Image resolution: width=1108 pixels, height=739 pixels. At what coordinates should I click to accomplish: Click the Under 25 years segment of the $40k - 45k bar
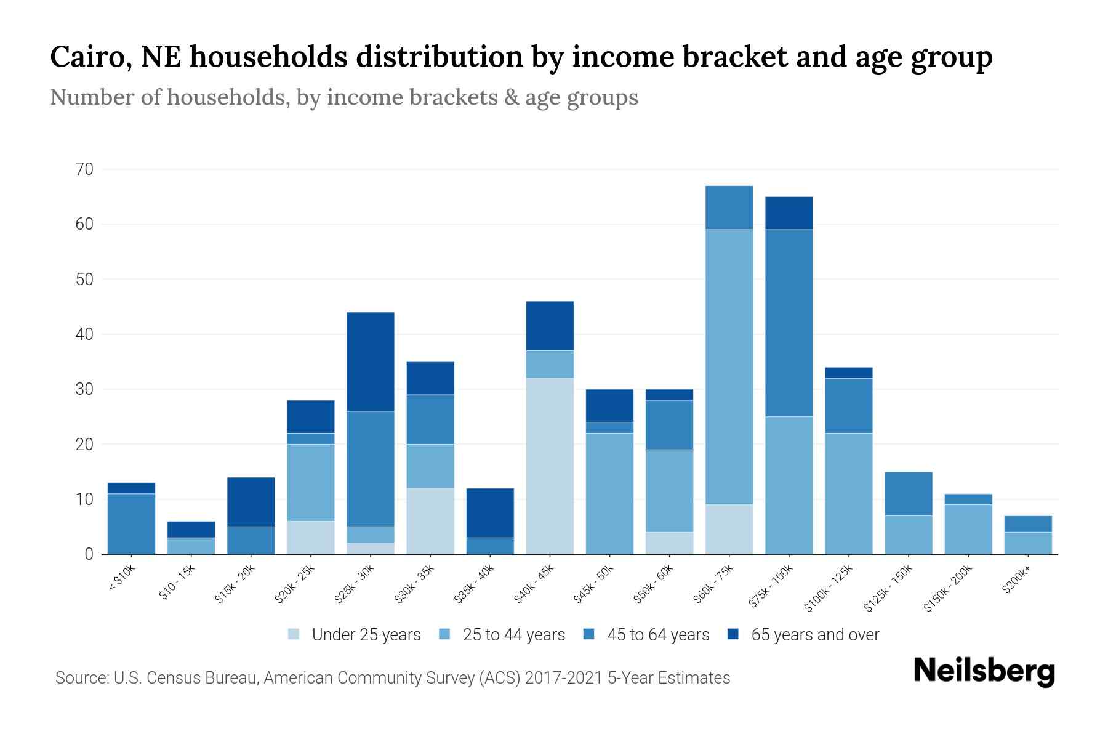[x=550, y=466]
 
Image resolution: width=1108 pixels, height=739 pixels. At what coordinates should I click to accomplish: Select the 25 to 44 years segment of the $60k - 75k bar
[x=729, y=367]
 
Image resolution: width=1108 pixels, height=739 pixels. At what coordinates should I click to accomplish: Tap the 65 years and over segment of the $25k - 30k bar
[x=371, y=361]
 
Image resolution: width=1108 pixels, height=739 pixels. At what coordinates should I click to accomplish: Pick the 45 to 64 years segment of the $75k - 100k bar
[x=789, y=323]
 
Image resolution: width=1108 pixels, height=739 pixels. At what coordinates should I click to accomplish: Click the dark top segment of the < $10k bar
[x=131, y=488]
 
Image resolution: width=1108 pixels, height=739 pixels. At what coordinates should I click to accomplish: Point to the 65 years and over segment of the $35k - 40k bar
[x=490, y=513]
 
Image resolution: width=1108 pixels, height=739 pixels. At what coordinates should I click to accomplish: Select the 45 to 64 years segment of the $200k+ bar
[x=1027, y=523]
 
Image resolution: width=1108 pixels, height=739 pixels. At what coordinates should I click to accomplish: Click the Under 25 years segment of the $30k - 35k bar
[x=430, y=521]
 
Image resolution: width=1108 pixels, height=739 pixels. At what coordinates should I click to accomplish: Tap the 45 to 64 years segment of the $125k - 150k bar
[x=908, y=494]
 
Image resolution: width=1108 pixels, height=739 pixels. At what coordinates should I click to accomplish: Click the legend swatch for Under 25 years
[x=294, y=634]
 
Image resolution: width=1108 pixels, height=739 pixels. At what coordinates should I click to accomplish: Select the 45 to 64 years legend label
[x=657, y=634]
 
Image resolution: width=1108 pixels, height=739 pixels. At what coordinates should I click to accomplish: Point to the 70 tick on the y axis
[x=85, y=169]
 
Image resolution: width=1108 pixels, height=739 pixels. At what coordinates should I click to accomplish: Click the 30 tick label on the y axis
[x=85, y=389]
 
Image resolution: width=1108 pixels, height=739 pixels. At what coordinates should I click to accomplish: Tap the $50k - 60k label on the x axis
[x=654, y=584]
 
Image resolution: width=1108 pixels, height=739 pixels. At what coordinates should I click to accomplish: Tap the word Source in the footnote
[x=81, y=678]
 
